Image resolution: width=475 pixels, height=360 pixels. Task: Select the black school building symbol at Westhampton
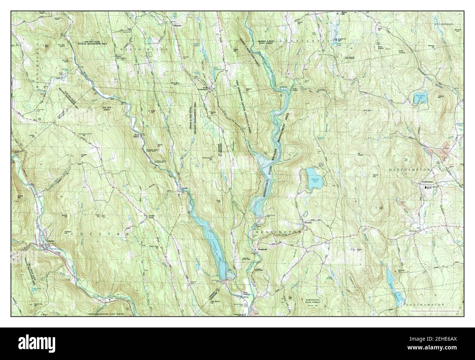[425, 187]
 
